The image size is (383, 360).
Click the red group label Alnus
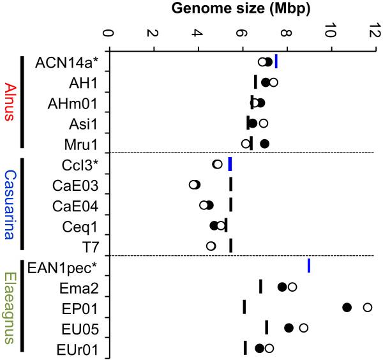tap(10, 102)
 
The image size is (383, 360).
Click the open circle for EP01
tap(368, 308)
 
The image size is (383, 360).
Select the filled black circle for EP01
tap(347, 308)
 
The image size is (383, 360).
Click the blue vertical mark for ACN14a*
tap(276, 61)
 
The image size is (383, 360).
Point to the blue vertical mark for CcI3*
tap(230, 164)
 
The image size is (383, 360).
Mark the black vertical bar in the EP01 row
tap(244, 308)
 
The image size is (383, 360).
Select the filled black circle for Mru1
tap(264, 144)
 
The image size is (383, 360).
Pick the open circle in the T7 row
tap(211, 246)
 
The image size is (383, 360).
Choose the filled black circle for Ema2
tap(282, 287)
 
